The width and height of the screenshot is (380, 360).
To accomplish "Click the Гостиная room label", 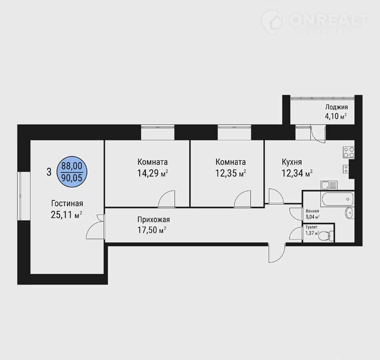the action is [x=67, y=203].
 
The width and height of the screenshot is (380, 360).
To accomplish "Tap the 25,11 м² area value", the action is [x=66, y=215].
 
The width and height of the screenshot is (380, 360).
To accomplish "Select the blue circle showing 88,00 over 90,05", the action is [x=72, y=172].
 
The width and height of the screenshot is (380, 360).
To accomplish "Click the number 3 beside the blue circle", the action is [x=49, y=172].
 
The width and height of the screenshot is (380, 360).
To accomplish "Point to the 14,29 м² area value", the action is [x=153, y=173].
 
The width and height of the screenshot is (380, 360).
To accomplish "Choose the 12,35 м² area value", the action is [x=231, y=173].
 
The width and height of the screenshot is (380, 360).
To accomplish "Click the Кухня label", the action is [x=292, y=162].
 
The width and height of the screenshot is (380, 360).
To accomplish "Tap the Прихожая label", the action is [x=154, y=220].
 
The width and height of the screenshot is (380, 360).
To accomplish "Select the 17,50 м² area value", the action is [x=152, y=230].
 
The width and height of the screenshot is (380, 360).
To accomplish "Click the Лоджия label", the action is [x=336, y=107].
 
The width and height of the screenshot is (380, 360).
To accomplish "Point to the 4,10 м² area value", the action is [x=336, y=116].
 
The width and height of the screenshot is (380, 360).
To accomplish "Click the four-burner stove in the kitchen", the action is [x=349, y=152].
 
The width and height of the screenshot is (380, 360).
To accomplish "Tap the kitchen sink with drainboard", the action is [x=329, y=186].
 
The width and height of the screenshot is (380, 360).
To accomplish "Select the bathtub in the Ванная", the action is [x=337, y=199].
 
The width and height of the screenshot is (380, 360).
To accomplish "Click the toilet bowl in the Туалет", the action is [x=326, y=235].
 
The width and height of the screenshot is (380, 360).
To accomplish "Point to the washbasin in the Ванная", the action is [x=350, y=213].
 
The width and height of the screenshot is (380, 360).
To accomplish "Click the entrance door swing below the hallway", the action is [x=277, y=253].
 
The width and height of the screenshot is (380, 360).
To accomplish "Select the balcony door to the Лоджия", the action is [x=318, y=134].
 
